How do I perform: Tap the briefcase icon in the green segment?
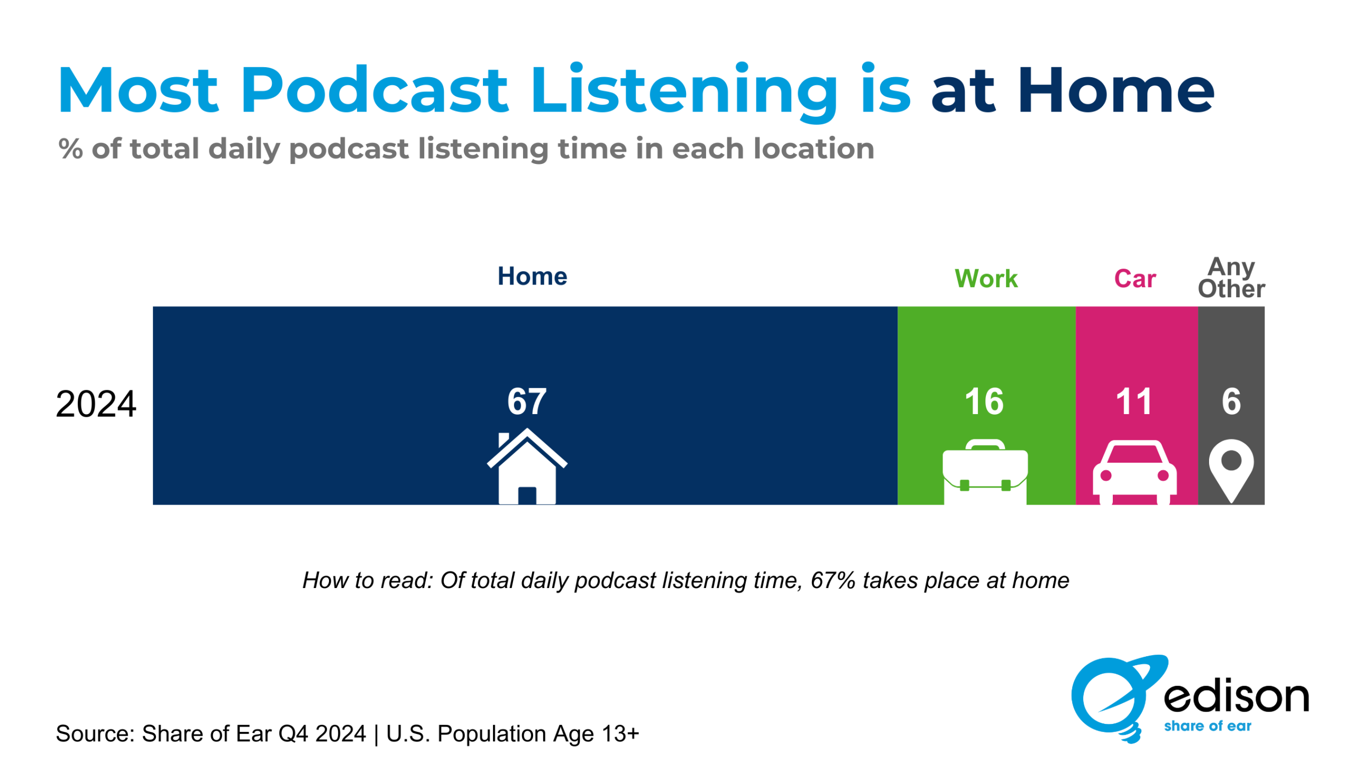[x=985, y=472]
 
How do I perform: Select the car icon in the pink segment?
[x=1135, y=472]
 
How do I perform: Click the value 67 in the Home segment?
[x=527, y=401]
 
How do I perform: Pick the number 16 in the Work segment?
[x=984, y=401]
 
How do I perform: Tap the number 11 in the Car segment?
[x=1133, y=401]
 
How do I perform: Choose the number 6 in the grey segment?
[x=1231, y=401]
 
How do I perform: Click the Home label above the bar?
[x=532, y=276]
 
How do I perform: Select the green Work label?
[x=986, y=279]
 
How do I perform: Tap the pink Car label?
[x=1135, y=279]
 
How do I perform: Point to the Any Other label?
[x=1231, y=278]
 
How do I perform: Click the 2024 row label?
[x=96, y=405]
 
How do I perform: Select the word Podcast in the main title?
[x=374, y=89]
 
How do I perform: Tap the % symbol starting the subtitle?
[x=70, y=149]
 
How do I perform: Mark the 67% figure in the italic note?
[x=833, y=581]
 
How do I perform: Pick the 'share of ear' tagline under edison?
[x=1207, y=726]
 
